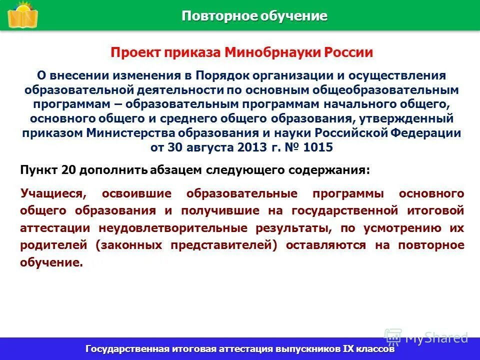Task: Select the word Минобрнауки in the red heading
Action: [x=266, y=53]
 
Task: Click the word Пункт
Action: [x=39, y=170]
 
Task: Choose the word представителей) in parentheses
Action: [x=223, y=245]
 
